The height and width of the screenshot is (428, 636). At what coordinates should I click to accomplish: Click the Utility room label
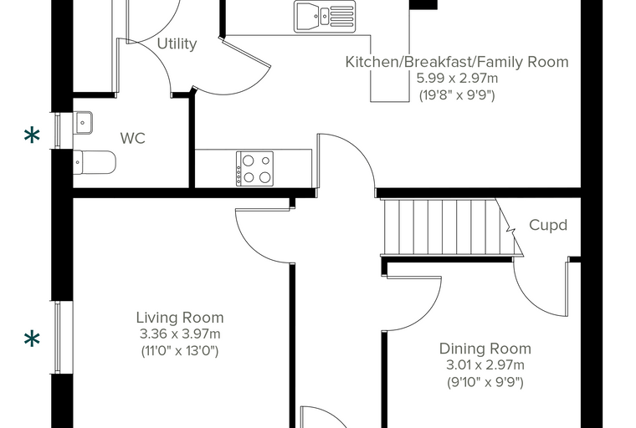pyautogui.click(x=177, y=43)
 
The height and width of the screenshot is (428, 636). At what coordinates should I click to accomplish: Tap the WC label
pyautogui.click(x=132, y=138)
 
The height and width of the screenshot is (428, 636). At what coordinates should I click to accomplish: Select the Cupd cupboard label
pyautogui.click(x=548, y=226)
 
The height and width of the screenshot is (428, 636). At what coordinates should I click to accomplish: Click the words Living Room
pyautogui.click(x=180, y=318)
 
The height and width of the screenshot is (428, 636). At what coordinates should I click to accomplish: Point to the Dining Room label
pyautogui.click(x=485, y=349)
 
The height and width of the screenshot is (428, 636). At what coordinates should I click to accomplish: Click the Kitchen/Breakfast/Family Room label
pyautogui.click(x=457, y=62)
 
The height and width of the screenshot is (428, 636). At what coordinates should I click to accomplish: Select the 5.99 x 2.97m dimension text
pyautogui.click(x=457, y=79)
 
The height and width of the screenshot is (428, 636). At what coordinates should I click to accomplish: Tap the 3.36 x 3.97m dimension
pyautogui.click(x=180, y=334)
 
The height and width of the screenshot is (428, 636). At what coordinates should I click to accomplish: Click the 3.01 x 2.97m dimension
pyautogui.click(x=485, y=365)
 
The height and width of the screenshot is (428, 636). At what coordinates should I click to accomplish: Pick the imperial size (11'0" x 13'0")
pyautogui.click(x=180, y=350)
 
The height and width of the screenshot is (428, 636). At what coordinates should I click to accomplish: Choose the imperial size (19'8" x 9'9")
pyautogui.click(x=457, y=95)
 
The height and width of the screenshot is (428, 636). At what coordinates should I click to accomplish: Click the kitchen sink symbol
pyautogui.click(x=325, y=16)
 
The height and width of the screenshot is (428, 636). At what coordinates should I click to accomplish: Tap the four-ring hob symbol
pyautogui.click(x=254, y=169)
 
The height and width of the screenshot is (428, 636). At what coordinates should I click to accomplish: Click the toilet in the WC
pyautogui.click(x=95, y=162)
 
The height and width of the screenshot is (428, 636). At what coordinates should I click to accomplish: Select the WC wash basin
pyautogui.click(x=83, y=123)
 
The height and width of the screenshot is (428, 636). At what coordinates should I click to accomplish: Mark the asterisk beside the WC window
pyautogui.click(x=32, y=135)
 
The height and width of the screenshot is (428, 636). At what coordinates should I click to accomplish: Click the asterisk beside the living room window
pyautogui.click(x=32, y=339)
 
